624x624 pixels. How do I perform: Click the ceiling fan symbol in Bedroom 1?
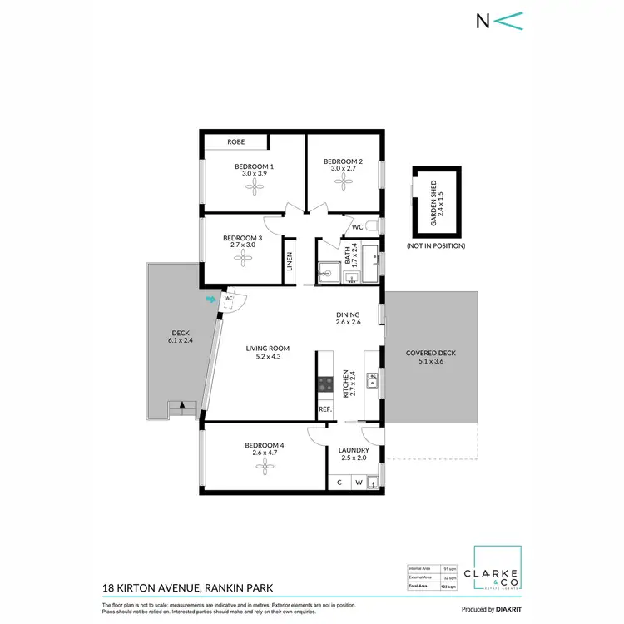(254, 188)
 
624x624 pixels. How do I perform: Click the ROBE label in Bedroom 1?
(236, 143)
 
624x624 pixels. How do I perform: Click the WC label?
(357, 226)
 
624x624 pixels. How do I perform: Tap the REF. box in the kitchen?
(324, 409)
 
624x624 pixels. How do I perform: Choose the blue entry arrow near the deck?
(211, 298)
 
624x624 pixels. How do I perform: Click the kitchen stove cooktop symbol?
(324, 384)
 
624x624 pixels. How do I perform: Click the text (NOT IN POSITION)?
(436, 246)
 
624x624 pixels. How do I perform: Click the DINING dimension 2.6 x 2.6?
(348, 322)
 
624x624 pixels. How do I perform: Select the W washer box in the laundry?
(359, 482)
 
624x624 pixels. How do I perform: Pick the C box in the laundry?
(339, 482)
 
